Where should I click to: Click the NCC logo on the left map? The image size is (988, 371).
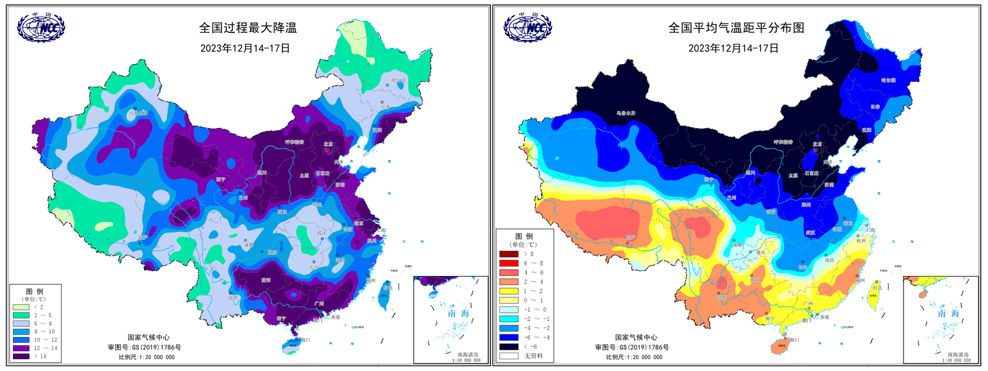click(x=41, y=27)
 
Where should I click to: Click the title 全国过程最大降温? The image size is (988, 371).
click(x=248, y=28)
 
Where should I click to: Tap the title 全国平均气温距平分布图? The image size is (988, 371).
click(x=736, y=28)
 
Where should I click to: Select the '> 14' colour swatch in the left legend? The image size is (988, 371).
click(x=21, y=356)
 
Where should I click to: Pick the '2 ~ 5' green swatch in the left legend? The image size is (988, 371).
click(x=21, y=315)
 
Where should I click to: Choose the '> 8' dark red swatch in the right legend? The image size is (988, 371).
click(x=509, y=254)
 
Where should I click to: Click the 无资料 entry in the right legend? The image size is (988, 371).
click(x=533, y=356)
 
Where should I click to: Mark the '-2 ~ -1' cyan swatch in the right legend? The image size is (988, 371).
click(x=509, y=319)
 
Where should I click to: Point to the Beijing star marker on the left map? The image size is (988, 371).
click(x=327, y=150)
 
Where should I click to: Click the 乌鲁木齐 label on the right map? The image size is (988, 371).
click(x=626, y=113)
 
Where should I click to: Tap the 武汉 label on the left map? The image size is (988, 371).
click(x=321, y=233)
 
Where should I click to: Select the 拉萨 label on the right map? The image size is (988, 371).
click(x=630, y=237)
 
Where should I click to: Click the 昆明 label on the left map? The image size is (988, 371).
click(x=233, y=298)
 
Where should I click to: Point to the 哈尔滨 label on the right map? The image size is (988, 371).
click(x=888, y=81)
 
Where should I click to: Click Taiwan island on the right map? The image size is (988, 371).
click(x=873, y=295)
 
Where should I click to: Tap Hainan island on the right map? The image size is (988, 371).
click(x=779, y=345)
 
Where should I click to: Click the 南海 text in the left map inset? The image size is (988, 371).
click(x=458, y=314)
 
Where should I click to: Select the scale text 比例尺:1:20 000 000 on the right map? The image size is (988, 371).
click(x=634, y=357)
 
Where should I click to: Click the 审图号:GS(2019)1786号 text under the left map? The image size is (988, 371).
click(x=144, y=347)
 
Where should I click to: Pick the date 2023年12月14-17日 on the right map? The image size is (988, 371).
click(x=733, y=49)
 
